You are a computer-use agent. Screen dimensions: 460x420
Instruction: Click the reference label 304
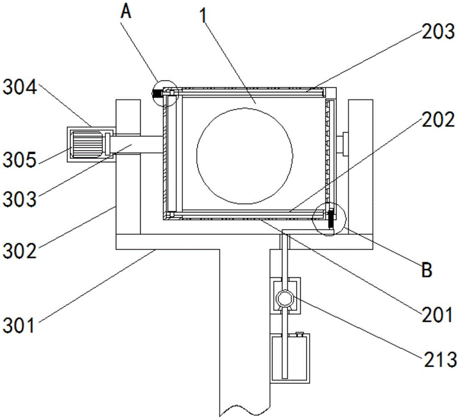point(20,87)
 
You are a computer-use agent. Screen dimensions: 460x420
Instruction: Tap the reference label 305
point(20,160)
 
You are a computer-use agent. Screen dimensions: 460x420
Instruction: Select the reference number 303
point(20,199)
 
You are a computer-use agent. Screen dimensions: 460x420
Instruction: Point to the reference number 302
point(20,251)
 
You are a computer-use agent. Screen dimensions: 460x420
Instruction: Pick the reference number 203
point(438,31)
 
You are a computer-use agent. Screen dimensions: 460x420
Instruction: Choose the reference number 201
point(437,315)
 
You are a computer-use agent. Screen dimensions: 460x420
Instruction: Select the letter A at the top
point(126,12)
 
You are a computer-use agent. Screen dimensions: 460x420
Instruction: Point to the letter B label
point(427,270)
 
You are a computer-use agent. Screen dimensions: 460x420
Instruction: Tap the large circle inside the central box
point(244,156)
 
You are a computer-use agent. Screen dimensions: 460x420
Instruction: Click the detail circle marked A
point(166,93)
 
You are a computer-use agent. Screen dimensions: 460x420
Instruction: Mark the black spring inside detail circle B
point(331,219)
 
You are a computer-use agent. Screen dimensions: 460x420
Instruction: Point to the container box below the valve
point(290,358)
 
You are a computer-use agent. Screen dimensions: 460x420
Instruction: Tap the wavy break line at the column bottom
point(245,410)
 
